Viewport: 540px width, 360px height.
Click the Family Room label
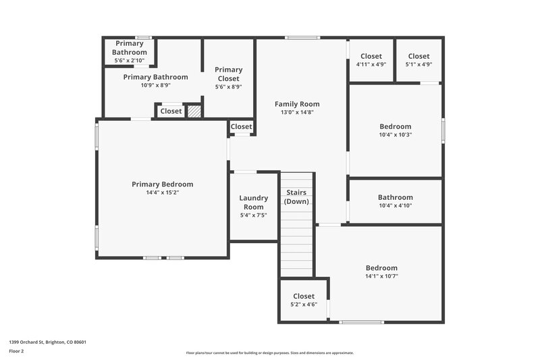click(297, 104)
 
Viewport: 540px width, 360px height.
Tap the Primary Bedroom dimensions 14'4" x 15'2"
click(162, 192)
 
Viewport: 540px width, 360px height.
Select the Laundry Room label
click(254, 203)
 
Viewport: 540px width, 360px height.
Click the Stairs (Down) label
click(297, 197)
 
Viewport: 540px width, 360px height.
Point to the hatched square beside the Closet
click(194, 111)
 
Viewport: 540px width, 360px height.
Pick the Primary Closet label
click(228, 74)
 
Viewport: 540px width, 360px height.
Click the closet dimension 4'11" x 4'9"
click(371, 65)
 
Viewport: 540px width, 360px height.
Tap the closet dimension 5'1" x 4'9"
click(418, 65)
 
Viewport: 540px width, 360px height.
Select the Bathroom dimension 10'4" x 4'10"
click(395, 206)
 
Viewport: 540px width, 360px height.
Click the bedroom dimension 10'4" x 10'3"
click(395, 134)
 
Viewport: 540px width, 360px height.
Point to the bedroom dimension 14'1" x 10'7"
click(381, 276)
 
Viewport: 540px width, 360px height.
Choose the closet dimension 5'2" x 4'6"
click(304, 305)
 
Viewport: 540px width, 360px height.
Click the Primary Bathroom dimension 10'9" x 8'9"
click(155, 85)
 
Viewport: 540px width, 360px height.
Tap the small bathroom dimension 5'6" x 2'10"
click(129, 60)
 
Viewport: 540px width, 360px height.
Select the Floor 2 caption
click(17, 351)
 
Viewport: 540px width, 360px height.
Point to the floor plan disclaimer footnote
click(270, 353)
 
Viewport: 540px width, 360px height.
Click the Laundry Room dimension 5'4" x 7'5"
click(254, 215)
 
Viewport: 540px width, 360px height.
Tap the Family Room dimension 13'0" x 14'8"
click(297, 113)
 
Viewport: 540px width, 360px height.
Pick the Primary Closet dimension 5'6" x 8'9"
click(228, 86)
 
